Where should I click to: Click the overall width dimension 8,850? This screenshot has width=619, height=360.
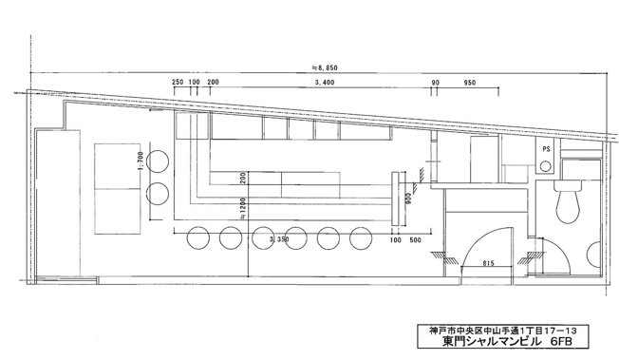pyautogui.click(x=325, y=68)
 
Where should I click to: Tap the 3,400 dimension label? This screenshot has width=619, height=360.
pyautogui.click(x=325, y=83)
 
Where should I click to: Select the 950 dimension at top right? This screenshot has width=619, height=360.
pyautogui.click(x=470, y=83)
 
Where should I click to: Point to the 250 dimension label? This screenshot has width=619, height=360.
pyautogui.click(x=178, y=83)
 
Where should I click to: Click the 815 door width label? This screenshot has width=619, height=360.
pyautogui.click(x=488, y=263)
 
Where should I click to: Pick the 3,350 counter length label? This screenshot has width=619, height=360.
pyautogui.click(x=279, y=239)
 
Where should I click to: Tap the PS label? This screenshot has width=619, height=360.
pyautogui.click(x=546, y=149)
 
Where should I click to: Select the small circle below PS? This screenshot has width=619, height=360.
pyautogui.click(x=545, y=166)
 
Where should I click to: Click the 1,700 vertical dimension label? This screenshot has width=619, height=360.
pyautogui.click(x=141, y=162)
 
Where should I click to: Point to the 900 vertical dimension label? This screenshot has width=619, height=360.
pyautogui.click(x=409, y=198)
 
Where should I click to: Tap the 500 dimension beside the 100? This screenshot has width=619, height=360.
pyautogui.click(x=415, y=240)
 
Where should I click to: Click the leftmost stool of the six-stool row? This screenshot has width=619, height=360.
pyautogui.click(x=198, y=237)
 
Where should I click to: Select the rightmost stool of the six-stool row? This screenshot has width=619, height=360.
pyautogui.click(x=361, y=237)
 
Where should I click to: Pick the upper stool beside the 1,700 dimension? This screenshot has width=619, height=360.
pyautogui.click(x=158, y=161)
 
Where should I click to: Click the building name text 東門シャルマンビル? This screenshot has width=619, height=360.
pyautogui.click(x=491, y=341)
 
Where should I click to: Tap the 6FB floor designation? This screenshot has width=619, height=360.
pyautogui.click(x=561, y=341)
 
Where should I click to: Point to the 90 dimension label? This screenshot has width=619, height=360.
pyautogui.click(x=435, y=83)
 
